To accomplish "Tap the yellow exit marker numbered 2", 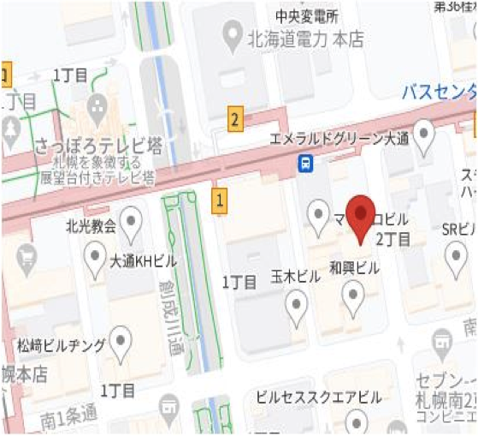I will point(235,119).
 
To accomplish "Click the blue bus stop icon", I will point(304,162).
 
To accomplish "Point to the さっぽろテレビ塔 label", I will point(83,146).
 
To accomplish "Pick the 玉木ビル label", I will point(296,276).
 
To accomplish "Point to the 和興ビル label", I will point(354,268).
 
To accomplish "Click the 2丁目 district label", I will point(392,237).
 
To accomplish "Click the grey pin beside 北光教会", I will point(131,225).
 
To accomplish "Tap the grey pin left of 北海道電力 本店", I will point(230,35).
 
